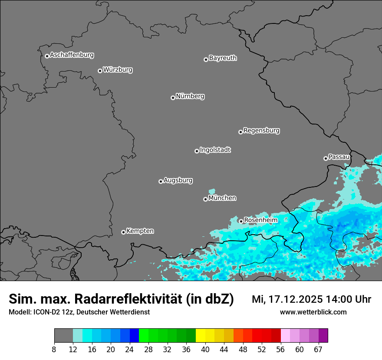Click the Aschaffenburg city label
point(72,55)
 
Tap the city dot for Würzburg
point(100,71)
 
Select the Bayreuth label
point(223,58)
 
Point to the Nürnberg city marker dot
point(173,98)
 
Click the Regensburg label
point(261,131)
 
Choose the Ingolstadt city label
point(215,150)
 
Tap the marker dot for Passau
point(326,158)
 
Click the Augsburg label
point(178,180)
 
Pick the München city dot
point(205,199)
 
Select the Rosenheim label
point(260,220)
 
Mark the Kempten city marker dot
point(123,232)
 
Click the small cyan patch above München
point(212,191)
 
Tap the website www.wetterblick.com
point(313,312)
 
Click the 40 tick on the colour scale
point(205,350)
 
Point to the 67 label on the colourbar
point(318,350)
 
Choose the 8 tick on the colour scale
point(54,350)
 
